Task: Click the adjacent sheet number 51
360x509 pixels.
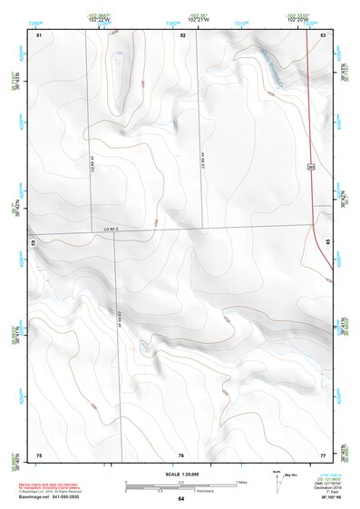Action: tap(39, 34)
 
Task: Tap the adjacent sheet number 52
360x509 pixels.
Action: tap(182, 34)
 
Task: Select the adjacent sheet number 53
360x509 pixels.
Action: tap(324, 34)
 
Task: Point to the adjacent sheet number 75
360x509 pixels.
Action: tap(39, 455)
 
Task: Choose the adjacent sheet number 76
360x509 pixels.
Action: tap(181, 455)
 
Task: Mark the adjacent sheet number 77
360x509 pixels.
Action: tap(324, 455)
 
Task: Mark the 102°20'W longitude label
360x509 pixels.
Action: tap(297, 18)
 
